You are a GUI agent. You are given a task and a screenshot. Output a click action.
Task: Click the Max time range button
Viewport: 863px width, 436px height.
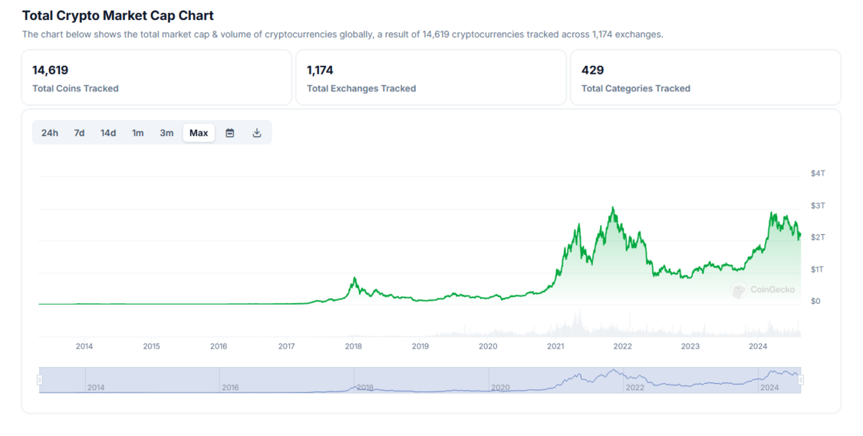coord(199,133)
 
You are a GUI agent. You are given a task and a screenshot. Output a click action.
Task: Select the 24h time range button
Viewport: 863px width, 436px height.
coord(50,133)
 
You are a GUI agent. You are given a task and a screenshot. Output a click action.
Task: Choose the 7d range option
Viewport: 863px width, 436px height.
coord(79,133)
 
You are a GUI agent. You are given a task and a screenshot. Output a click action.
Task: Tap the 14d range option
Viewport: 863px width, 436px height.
coord(108,133)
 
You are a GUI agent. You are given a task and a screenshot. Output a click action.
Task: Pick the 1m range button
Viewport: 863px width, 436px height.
coord(137,133)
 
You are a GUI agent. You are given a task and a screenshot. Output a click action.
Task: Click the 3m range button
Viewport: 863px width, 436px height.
coord(166,133)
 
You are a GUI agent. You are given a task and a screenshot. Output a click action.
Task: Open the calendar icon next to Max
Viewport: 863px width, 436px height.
coord(229,133)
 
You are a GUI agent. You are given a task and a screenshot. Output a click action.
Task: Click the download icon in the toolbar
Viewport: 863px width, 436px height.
coord(257,133)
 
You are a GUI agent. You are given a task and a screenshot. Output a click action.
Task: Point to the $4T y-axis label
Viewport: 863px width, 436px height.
coord(818,173)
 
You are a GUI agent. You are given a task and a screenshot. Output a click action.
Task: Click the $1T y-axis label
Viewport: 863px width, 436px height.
coord(818,269)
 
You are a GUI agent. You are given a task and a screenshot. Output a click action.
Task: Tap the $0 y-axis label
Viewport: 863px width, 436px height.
coord(815,301)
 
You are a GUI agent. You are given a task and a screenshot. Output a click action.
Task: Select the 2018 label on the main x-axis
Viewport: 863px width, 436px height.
coord(354,346)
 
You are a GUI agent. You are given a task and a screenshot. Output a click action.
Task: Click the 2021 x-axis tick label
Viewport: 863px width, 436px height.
coord(555,346)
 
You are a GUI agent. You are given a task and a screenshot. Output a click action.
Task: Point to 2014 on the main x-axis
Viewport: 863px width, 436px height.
coord(84,346)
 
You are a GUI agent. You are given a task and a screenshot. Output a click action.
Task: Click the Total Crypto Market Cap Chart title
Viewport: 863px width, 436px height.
coord(118,15)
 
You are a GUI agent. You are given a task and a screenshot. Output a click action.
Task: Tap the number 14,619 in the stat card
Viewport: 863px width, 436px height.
coord(50,70)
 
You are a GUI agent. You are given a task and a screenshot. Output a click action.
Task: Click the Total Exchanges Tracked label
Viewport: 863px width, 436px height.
coord(361,88)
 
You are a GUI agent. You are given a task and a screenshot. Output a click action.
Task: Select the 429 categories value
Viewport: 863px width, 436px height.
coord(592,70)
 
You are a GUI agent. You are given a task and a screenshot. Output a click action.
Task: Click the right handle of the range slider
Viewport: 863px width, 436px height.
coord(801,380)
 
